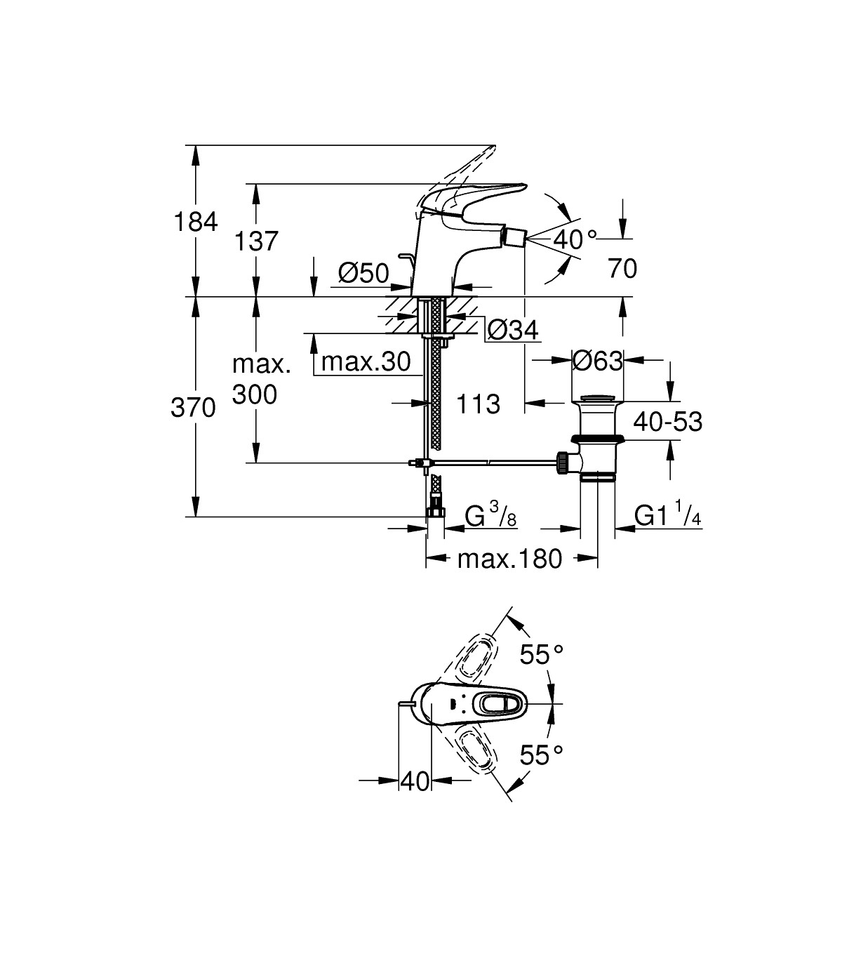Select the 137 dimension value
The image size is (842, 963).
(256, 241)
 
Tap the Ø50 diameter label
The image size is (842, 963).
(363, 272)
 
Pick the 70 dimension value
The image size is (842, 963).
(622, 268)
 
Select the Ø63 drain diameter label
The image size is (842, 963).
(597, 361)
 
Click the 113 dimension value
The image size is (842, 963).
(478, 404)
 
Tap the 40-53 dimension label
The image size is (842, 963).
(667, 422)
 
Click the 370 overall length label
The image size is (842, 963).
(193, 407)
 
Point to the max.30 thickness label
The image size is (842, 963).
(366, 362)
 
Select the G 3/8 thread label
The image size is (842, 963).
(491, 517)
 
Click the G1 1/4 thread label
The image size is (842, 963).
(667, 516)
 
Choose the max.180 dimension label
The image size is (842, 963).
(509, 559)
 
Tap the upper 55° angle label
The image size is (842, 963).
(541, 654)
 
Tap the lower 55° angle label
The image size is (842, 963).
(541, 755)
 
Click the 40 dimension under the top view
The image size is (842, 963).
(414, 781)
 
